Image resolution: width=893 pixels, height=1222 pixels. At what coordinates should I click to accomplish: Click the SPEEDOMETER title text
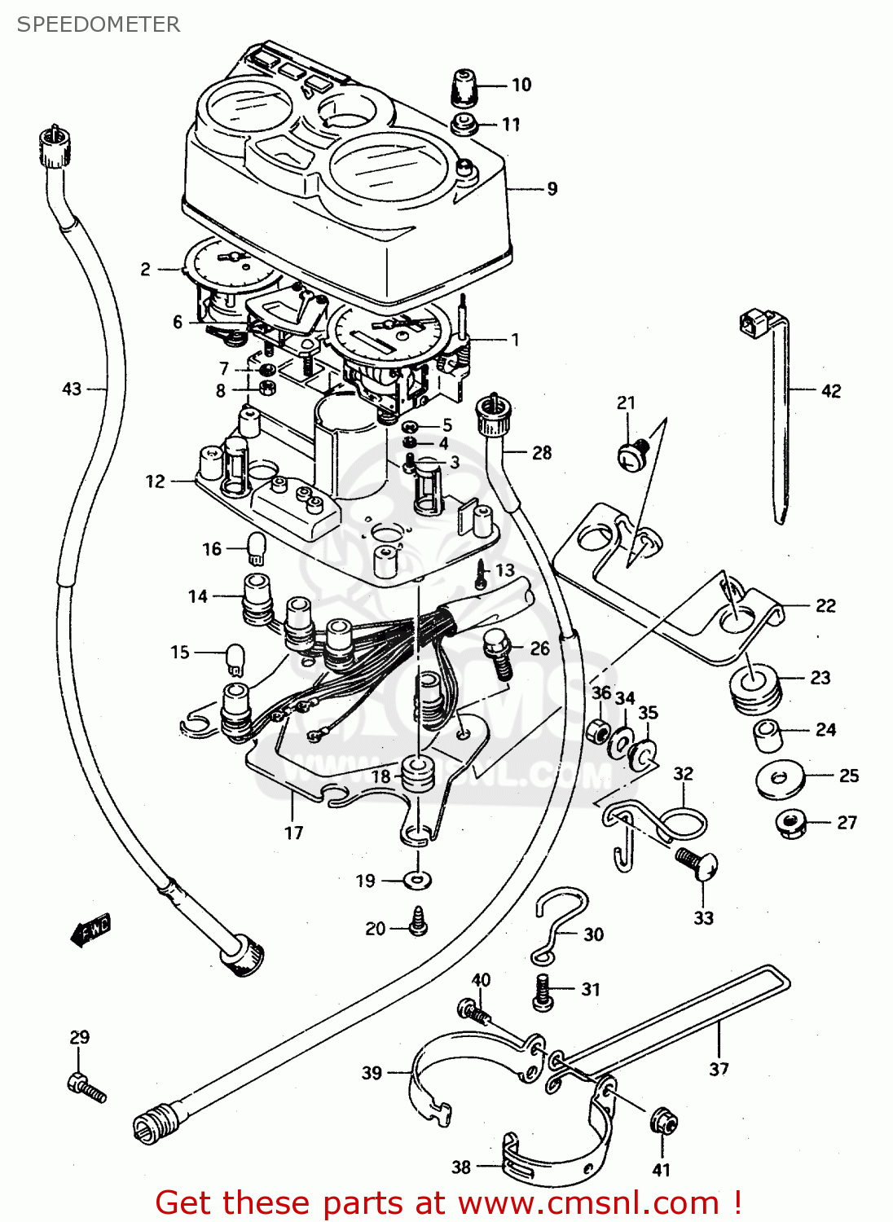[x=99, y=24]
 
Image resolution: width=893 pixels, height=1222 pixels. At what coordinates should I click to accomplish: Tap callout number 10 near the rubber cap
[x=521, y=85]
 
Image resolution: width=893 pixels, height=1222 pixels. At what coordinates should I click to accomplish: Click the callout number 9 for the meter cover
[x=552, y=189]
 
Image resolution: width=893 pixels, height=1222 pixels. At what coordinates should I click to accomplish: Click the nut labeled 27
[x=791, y=824]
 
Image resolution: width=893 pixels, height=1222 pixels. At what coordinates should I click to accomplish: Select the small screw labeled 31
[x=543, y=993]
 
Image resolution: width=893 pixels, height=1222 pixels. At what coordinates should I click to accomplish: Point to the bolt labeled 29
[x=86, y=1088]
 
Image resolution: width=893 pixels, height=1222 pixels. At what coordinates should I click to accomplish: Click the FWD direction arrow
[x=90, y=930]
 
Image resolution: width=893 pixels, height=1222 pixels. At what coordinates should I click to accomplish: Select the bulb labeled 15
[x=235, y=658]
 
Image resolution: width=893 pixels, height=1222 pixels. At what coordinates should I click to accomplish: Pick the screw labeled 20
[x=419, y=922]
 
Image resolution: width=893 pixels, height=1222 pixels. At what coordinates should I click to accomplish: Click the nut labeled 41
[x=663, y=1123]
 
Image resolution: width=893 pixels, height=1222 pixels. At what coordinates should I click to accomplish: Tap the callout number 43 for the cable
[x=72, y=389]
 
